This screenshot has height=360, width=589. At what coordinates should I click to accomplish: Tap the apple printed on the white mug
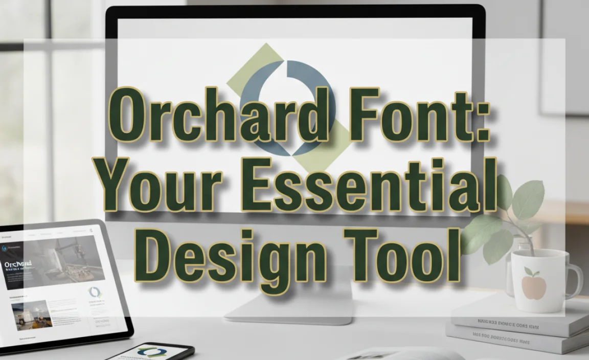pos(533,284)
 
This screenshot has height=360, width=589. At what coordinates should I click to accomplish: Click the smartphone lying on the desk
pos(153,352)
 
